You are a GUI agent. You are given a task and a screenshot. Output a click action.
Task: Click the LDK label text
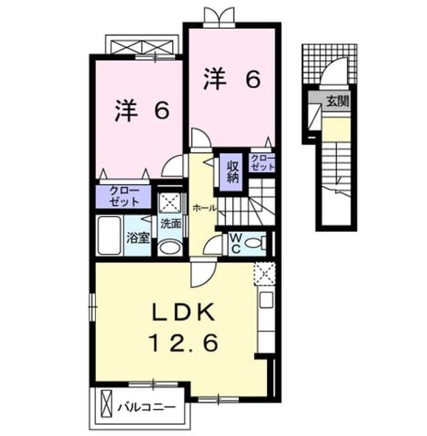183,312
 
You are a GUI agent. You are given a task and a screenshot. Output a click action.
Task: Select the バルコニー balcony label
146,408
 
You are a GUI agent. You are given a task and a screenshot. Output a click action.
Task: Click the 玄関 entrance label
337,102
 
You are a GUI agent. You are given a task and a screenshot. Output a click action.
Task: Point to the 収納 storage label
233,172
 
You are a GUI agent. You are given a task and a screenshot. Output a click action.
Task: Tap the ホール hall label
204,208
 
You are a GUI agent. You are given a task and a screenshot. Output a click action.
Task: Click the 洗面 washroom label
171,224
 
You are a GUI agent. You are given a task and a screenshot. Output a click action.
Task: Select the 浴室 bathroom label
138,238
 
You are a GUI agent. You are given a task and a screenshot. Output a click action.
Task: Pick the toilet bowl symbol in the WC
255,243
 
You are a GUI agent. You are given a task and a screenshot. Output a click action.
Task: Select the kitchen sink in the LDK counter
266,300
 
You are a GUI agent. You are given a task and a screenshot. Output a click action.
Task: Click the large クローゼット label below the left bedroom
124,196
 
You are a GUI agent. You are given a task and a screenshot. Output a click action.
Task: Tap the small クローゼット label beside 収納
262,163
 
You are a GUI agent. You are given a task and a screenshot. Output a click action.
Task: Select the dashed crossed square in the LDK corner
265,273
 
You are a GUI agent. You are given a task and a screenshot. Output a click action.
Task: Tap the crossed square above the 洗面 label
170,202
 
